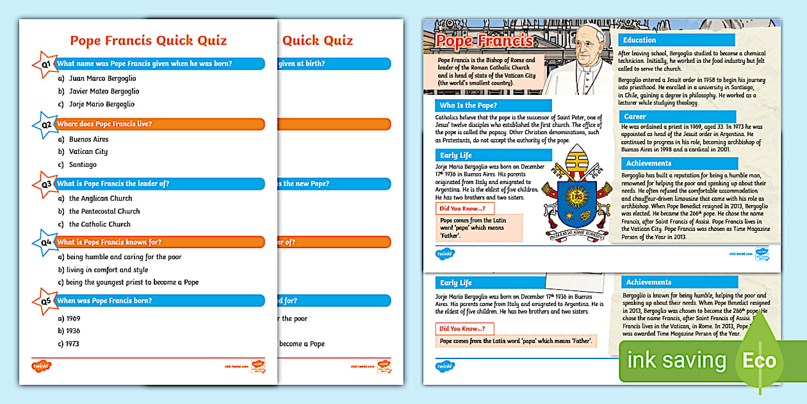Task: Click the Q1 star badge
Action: pyautogui.click(x=44, y=64)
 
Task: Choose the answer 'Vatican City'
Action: pyautogui.click(x=88, y=152)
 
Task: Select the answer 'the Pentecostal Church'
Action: pyautogui.click(x=104, y=211)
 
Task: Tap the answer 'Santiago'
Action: pyautogui.click(x=83, y=165)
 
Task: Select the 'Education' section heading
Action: pyautogui.click(x=640, y=40)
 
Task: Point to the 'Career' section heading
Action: pyautogui.click(x=635, y=117)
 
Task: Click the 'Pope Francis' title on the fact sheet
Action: pyautogui.click(x=484, y=41)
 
